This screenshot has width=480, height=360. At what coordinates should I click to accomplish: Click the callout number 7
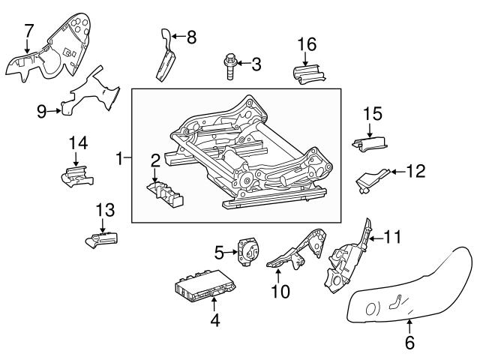(x=28, y=31)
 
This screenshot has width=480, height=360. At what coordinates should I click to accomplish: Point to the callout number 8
(x=191, y=37)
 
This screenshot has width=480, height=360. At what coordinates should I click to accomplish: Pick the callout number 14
(x=78, y=142)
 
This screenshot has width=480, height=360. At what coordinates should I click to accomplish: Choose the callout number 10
(x=280, y=291)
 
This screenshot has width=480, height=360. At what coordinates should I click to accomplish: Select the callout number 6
(x=410, y=344)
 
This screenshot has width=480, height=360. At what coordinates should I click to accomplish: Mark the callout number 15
(x=373, y=114)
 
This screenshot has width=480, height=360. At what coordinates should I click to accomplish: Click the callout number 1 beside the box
(x=120, y=158)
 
